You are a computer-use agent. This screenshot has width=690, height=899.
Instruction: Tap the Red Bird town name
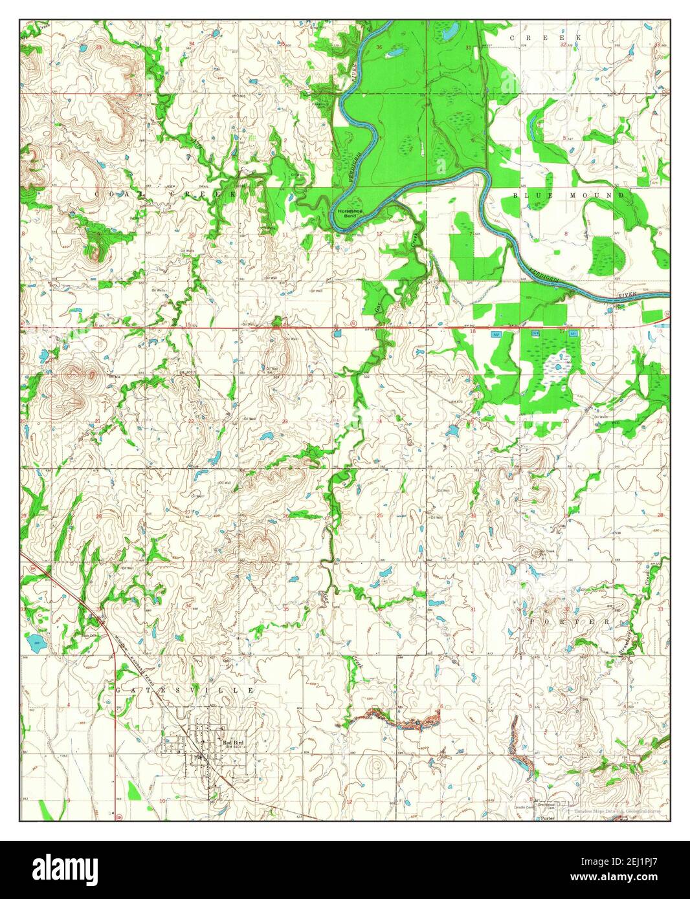click(232, 743)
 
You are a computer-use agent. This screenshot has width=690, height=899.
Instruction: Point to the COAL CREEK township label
click(166, 194)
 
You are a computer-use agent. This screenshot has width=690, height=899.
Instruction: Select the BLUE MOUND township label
click(569, 195)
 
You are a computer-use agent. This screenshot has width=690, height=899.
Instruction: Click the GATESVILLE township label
click(186, 691)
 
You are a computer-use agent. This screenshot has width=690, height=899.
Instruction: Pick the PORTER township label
click(570, 622)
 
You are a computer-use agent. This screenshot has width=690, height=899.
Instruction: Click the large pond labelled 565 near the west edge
click(32, 642)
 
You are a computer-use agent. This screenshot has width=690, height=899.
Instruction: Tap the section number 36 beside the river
click(379, 48)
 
